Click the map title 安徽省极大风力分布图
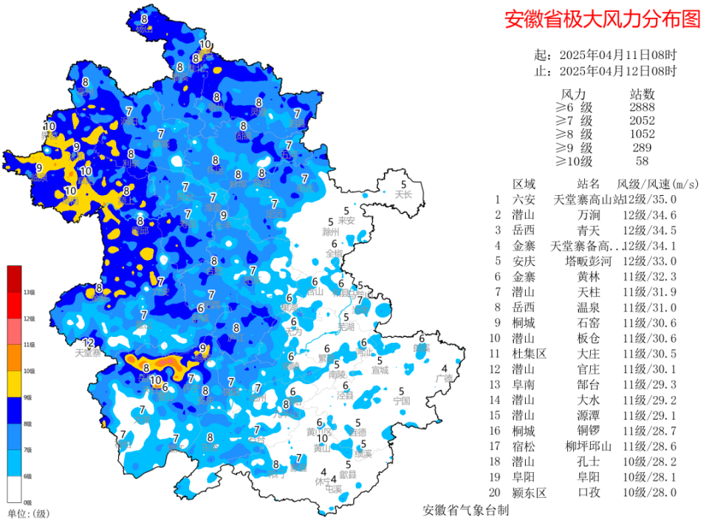pos(602,20)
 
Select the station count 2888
pos(642,108)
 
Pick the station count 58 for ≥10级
pos(642,161)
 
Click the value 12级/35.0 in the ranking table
pos(650,199)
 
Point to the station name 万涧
pos(588,215)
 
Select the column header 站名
pos(588,183)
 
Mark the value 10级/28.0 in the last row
pos(650,492)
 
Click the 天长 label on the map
pos(403,195)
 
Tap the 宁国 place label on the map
pos(401,401)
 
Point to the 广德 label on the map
pos(444,378)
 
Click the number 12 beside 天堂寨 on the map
pos(89,343)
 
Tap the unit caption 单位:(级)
pos(28,513)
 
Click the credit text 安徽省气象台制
pos(465,510)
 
